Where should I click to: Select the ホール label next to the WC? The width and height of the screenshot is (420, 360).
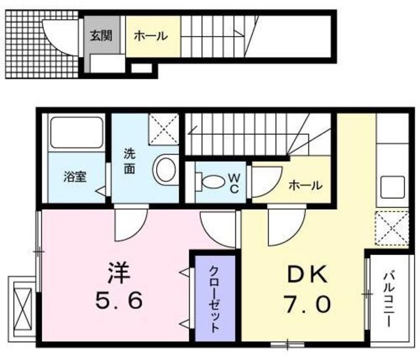click(306, 186)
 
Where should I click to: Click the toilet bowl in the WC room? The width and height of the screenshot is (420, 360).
click(210, 180)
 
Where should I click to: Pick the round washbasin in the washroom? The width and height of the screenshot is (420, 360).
click(164, 169)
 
